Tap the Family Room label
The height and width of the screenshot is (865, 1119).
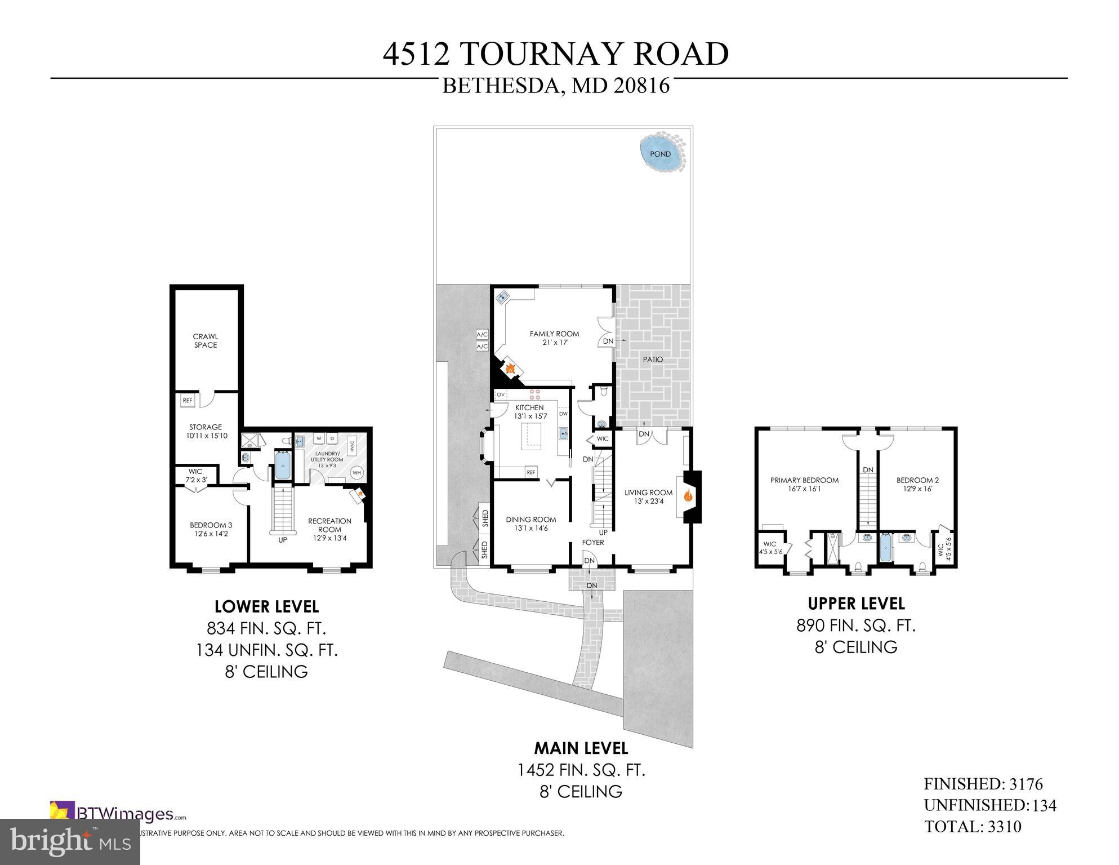click(554, 338)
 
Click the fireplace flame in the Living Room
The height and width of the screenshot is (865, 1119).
click(688, 496)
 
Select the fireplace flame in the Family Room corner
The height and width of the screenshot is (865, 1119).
click(510, 369)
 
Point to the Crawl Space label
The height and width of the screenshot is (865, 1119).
click(206, 341)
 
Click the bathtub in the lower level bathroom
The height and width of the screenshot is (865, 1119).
click(282, 465)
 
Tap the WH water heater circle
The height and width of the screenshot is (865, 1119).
click(356, 473)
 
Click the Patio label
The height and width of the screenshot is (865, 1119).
click(653, 360)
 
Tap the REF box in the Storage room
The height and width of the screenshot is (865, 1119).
click(188, 401)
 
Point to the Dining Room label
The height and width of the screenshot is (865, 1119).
click(530, 524)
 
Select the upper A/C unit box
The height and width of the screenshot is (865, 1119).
click(482, 334)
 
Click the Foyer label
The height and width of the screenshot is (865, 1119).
click(593, 543)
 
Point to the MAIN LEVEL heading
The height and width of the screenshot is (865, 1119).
click(581, 748)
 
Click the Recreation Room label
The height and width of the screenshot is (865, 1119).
click(329, 525)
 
